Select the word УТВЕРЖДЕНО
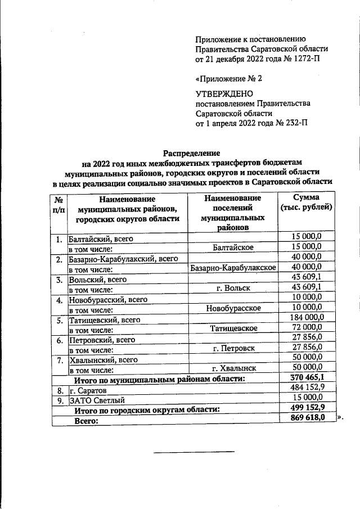pos(224,93)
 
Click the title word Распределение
pos(191,152)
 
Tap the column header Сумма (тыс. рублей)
pos(307,203)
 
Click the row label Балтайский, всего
pos(101,238)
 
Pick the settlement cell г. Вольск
pos(233,288)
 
